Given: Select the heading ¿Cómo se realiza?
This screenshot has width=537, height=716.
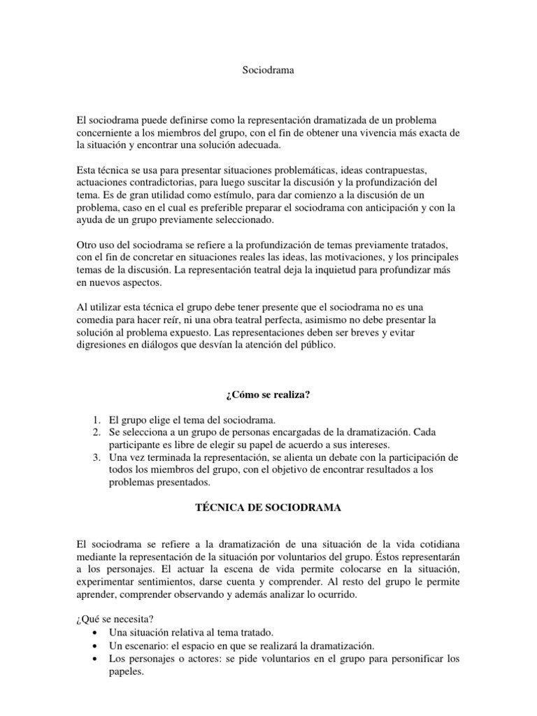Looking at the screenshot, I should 268,395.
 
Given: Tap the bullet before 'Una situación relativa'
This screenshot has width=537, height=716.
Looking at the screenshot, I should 94,632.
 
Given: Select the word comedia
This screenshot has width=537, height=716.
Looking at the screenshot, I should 97,320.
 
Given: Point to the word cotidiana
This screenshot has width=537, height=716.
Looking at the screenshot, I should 436,544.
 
